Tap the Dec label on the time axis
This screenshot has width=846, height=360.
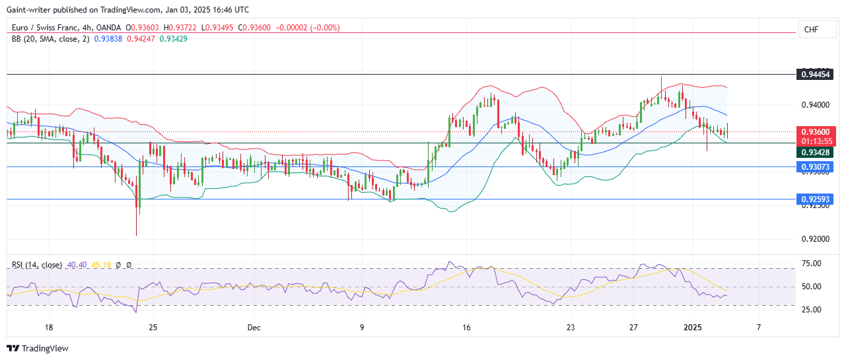(x=253, y=327)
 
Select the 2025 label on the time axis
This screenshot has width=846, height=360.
(x=692, y=327)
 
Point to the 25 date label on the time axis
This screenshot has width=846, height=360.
(x=153, y=327)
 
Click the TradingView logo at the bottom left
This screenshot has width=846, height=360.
(x=38, y=348)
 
